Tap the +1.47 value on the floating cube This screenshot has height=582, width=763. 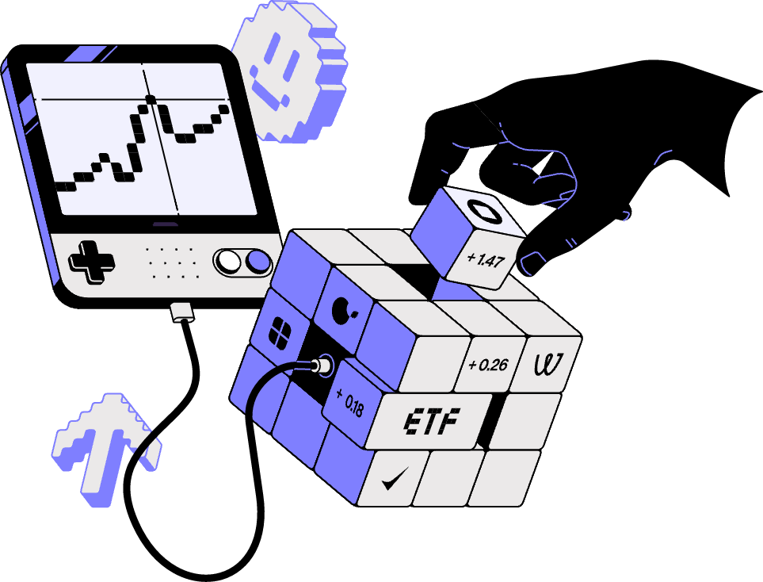pyautogui.click(x=485, y=258)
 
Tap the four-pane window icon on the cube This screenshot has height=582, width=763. pyautogui.click(x=281, y=331)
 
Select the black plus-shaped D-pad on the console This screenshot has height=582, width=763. pyautogui.click(x=90, y=260)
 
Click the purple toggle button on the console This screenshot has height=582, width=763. pyautogui.click(x=258, y=260)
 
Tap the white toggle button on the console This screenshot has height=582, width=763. pyautogui.click(x=229, y=260)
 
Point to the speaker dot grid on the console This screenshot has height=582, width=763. pyautogui.click(x=171, y=262)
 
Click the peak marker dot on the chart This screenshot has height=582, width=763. pyautogui.click(x=150, y=99)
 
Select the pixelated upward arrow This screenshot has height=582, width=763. pyautogui.click(x=103, y=448)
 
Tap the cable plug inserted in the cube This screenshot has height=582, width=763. pyautogui.click(x=321, y=366)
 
